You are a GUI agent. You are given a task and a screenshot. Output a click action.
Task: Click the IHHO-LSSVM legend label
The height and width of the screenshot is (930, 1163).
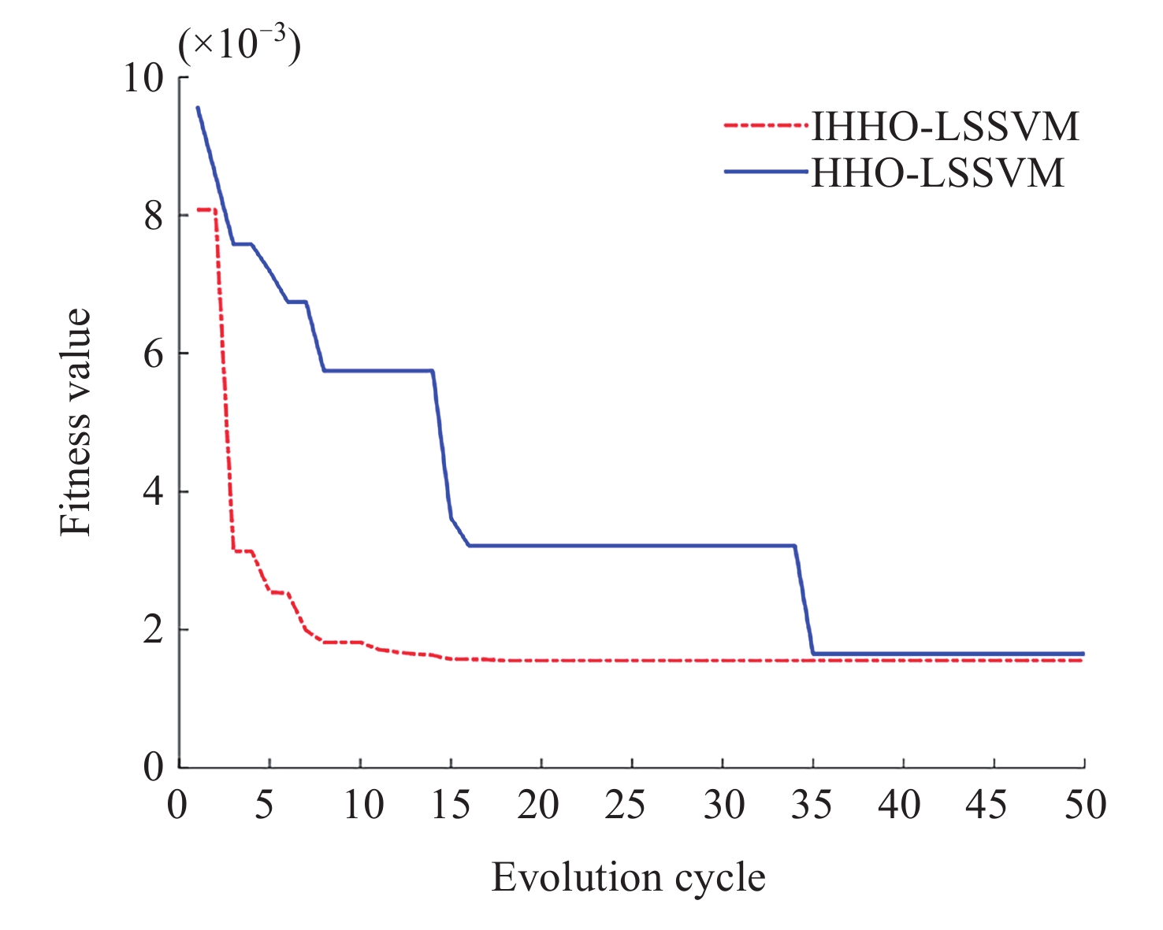click(945, 126)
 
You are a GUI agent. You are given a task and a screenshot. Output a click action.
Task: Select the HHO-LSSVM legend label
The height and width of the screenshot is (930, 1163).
click(938, 172)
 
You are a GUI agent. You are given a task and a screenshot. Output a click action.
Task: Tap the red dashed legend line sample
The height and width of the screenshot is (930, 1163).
click(766, 125)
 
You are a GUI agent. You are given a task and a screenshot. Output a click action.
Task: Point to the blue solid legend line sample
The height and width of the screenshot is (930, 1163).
click(766, 172)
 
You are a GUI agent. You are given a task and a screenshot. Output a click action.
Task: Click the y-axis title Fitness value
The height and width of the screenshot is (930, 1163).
click(76, 422)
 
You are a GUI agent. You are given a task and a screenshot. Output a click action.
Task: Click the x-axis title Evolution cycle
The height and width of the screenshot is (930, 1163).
click(628, 877)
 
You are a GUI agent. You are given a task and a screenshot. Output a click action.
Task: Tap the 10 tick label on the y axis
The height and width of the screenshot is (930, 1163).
click(143, 78)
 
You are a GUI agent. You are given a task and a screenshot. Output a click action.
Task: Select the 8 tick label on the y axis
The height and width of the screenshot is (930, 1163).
click(154, 216)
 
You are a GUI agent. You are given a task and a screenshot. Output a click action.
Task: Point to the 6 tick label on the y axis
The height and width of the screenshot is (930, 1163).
click(154, 354)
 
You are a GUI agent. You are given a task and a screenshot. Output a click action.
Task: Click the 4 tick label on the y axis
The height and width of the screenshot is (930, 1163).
click(154, 492)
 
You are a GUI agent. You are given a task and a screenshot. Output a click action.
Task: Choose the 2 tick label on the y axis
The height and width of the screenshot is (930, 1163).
click(154, 630)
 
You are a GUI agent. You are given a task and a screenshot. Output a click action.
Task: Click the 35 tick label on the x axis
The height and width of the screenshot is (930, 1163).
click(812, 805)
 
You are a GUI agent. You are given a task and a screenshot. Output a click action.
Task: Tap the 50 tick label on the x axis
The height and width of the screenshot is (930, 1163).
click(1085, 805)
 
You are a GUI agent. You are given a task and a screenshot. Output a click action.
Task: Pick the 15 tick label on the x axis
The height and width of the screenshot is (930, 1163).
click(450, 805)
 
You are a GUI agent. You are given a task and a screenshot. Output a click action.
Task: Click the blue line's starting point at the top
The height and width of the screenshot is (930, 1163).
click(198, 108)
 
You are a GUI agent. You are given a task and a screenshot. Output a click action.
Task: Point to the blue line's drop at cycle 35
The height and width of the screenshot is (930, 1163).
click(804, 600)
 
